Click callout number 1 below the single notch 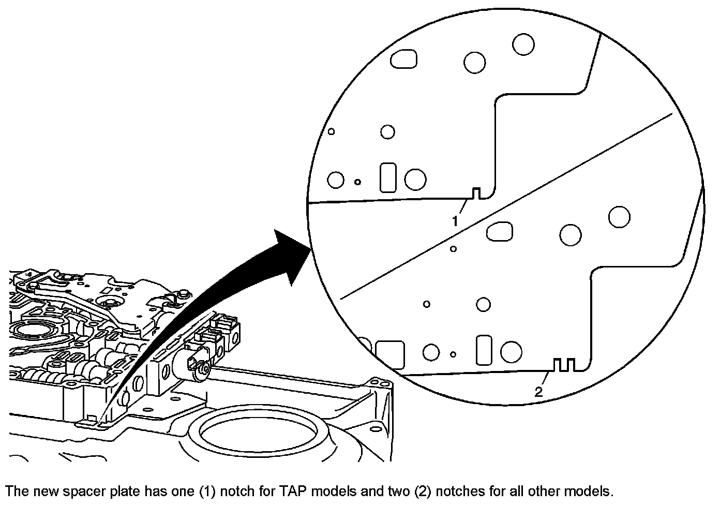(x=455, y=221)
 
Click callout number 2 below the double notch (x=539, y=392)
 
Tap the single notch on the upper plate (x=477, y=193)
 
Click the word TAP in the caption (x=292, y=490)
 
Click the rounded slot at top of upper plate (x=403, y=58)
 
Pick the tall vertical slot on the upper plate (x=388, y=177)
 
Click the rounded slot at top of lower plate (x=500, y=231)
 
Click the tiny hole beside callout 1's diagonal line (x=453, y=249)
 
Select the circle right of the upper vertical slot (x=415, y=180)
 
